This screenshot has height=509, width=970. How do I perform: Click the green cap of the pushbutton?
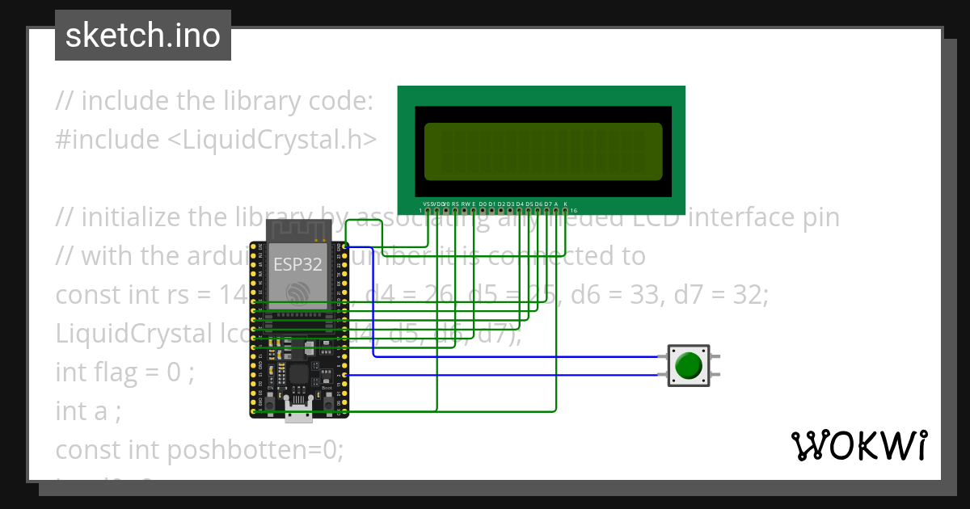coord(688,365)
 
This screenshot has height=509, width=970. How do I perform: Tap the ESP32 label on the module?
coord(297,264)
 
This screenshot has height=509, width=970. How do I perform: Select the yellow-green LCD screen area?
coord(542,151)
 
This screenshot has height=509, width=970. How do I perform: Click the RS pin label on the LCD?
coord(456,204)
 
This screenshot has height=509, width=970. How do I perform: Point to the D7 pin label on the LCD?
coord(547,204)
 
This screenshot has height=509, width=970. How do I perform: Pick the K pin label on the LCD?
coord(565,204)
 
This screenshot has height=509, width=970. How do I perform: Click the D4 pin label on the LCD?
coord(520,204)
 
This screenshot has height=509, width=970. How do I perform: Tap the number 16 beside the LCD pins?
coord(573,210)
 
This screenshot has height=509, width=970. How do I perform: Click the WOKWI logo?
coord(858,445)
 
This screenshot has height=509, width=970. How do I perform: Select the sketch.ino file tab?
coord(143,36)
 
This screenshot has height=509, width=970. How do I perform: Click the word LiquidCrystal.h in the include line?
coord(272,140)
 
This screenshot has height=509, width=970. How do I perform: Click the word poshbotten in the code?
coord(238,450)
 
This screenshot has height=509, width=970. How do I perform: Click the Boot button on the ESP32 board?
coord(327,401)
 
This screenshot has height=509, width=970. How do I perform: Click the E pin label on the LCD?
coord(474,204)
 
